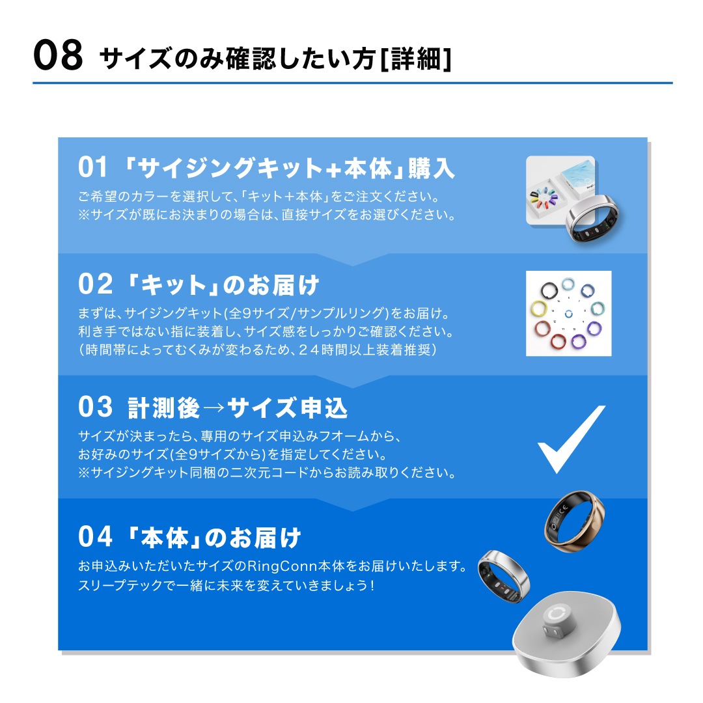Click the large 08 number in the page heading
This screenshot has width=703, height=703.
tap(58, 55)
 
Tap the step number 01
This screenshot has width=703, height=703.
tap(93, 167)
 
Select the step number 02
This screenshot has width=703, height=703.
tap(95, 284)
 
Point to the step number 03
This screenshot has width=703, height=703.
tap(95, 407)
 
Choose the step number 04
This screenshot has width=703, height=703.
tap(95, 536)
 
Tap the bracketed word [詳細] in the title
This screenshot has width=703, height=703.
tap(415, 59)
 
